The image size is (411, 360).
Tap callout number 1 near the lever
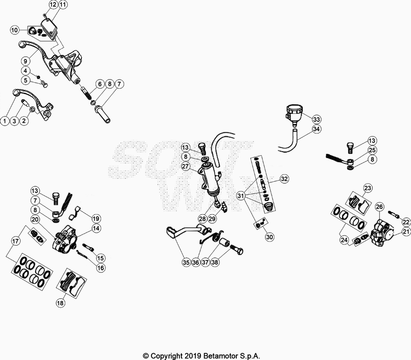[x=5, y=121]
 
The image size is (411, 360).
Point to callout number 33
[x=316, y=118]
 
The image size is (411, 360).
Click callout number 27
[x=185, y=166]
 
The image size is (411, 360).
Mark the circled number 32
[x=284, y=179]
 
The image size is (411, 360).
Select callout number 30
[x=270, y=237]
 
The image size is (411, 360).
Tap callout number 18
[x=61, y=303]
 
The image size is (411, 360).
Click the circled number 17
[x=15, y=240]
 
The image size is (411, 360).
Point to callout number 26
[x=379, y=206]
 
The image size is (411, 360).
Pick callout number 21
[x=406, y=232]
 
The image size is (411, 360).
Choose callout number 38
[x=215, y=262]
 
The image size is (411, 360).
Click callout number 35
[x=185, y=262]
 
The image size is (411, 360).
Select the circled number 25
[x=372, y=150]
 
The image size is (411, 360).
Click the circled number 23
[x=367, y=187]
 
